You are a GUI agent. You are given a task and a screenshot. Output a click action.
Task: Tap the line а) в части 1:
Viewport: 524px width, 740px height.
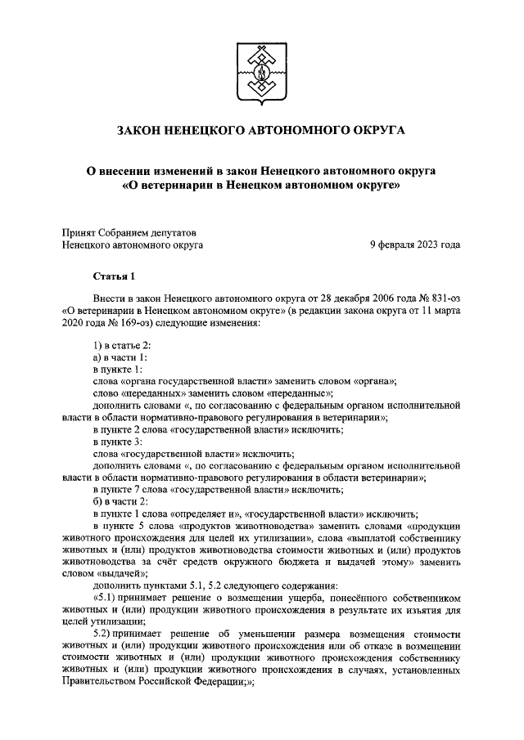pos(120,357)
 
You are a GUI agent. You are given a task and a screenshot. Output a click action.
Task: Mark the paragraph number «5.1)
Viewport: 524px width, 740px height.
pos(108,597)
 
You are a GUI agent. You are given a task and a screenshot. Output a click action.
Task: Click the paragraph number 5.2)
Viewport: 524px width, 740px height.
pos(106,634)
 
